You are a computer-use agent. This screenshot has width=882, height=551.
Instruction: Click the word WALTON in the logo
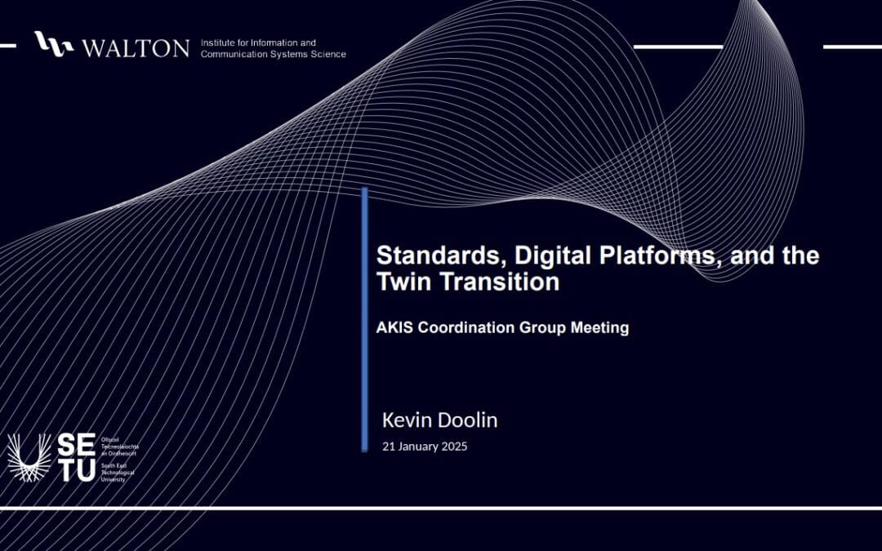tap(136, 47)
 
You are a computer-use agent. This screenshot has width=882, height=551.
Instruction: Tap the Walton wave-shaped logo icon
tap(54, 44)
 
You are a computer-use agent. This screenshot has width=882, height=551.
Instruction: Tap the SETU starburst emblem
tap(29, 458)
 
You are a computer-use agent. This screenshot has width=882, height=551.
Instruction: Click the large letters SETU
tap(76, 458)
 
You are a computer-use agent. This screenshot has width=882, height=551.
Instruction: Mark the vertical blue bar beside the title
tap(364, 318)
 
